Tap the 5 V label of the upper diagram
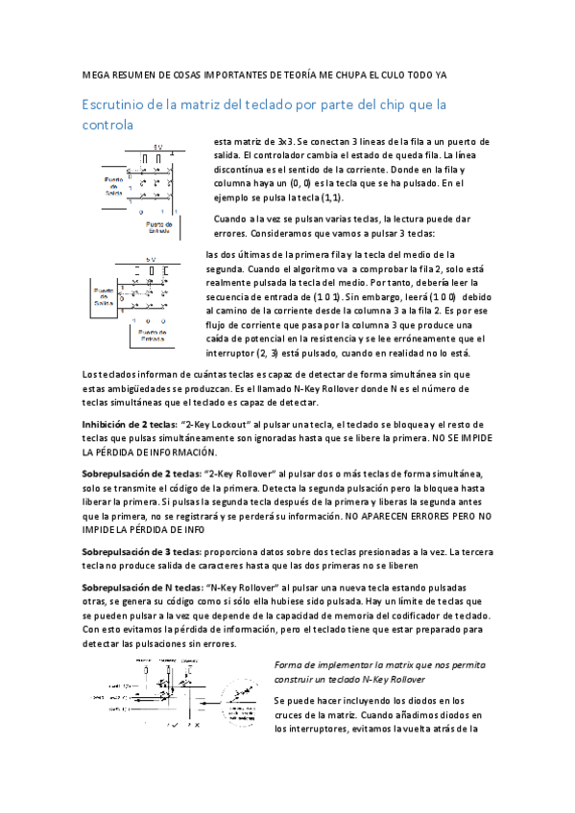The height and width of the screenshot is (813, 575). coord(155,149)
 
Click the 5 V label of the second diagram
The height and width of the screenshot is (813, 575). coord(151,260)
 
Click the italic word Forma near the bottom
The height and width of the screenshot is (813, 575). coord(291,665)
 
